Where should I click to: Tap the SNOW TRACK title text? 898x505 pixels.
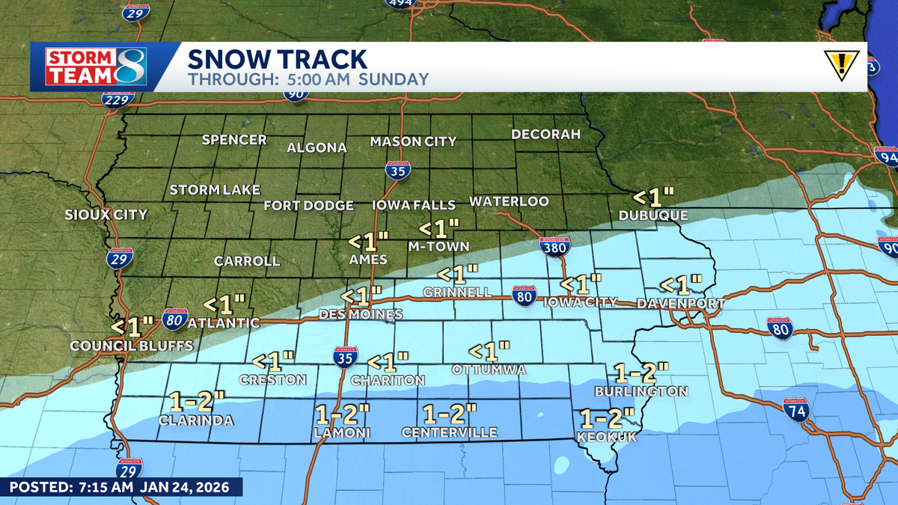coord(277,58)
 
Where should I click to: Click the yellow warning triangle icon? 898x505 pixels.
coord(842,65)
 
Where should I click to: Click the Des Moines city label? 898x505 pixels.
coord(361,315)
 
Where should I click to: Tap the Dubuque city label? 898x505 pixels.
coord(653,215)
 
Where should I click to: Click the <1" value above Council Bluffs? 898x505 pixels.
coord(132,326)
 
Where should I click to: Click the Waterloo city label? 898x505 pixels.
coord(509,202)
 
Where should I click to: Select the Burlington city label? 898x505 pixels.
coord(641,391)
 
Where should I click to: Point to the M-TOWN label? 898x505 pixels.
coord(439,246)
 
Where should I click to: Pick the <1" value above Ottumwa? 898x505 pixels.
coord(489,350)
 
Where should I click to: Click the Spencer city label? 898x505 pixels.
coord(234,140)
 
